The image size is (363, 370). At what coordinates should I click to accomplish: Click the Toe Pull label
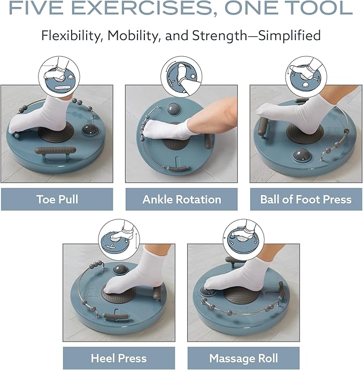click(57, 199)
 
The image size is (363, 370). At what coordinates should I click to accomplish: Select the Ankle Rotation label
click(182, 199)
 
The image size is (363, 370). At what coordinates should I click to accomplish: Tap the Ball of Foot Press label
click(306, 199)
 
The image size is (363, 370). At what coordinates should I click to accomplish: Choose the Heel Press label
click(119, 358)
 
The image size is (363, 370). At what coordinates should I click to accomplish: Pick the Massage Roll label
click(243, 358)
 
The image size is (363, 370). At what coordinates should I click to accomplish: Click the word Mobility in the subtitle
click(131, 36)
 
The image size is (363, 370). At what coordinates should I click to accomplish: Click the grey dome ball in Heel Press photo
click(120, 270)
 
